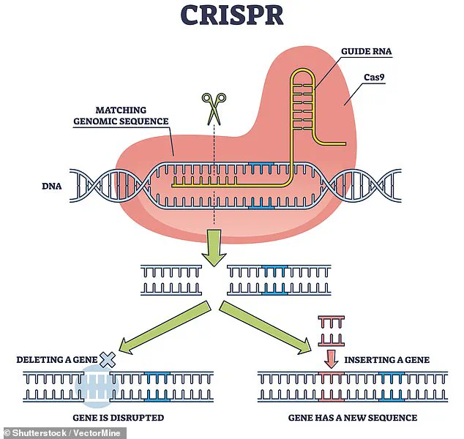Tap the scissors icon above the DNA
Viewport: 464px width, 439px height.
[214, 108]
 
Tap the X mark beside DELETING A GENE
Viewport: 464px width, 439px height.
[108, 359]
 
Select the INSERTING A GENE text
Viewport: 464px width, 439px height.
[386, 359]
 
